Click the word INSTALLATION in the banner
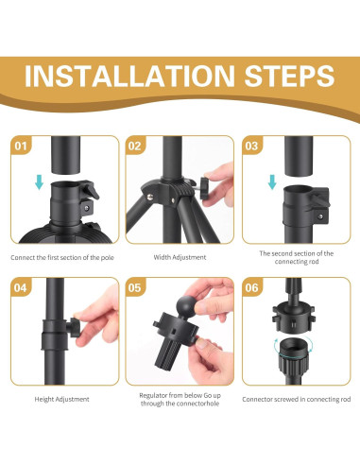(x=129, y=76)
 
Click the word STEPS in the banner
(x=289, y=76)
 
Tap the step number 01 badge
(x=21, y=146)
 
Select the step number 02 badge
(x=135, y=146)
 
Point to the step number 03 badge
(x=251, y=146)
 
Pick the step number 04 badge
(x=21, y=287)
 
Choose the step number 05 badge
(x=135, y=287)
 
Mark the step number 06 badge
(x=251, y=287)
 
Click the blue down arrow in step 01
(x=39, y=182)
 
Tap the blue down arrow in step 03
(x=272, y=182)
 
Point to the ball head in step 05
(x=186, y=305)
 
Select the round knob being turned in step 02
(x=204, y=188)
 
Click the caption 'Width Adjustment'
(x=180, y=257)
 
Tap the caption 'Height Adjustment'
(x=61, y=399)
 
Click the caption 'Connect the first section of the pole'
(x=62, y=257)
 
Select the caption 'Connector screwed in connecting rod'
(x=297, y=399)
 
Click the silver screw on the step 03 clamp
(x=320, y=216)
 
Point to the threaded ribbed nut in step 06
(x=293, y=355)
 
